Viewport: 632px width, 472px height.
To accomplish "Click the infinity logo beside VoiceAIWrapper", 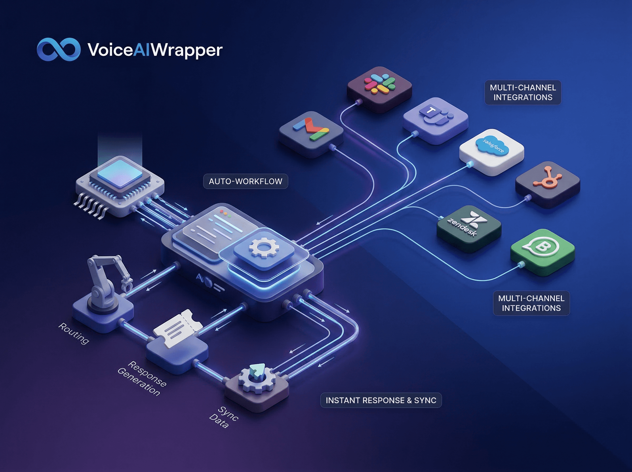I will point(58,50).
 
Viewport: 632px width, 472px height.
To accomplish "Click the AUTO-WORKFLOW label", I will point(245,181).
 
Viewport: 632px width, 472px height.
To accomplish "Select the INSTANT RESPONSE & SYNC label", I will point(381,400).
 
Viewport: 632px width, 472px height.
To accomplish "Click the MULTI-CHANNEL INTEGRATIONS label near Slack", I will point(523,92).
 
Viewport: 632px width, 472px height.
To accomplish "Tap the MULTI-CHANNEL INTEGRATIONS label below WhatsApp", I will point(531,303).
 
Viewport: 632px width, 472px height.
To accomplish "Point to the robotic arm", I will point(106,283).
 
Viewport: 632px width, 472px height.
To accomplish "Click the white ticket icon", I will point(178,328).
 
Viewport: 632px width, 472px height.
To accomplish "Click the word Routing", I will point(74,333).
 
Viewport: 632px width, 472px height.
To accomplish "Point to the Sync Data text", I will point(223,417).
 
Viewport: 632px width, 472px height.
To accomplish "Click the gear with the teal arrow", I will point(257,377).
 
